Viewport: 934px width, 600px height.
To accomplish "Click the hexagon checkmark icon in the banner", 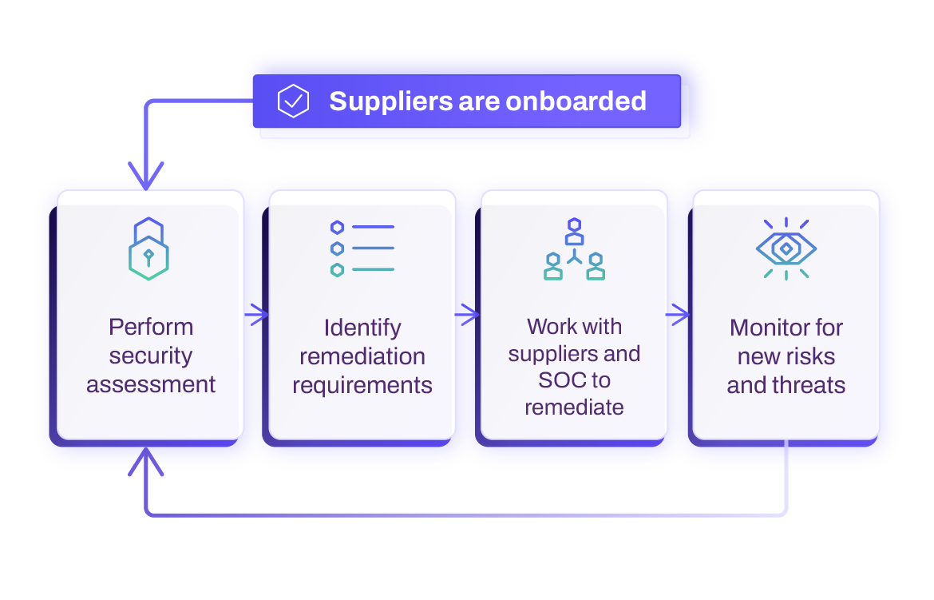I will pos(293,101).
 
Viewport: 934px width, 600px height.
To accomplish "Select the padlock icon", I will pos(148,248).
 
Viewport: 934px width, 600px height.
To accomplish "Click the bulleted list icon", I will pos(362,248).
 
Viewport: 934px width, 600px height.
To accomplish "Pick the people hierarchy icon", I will pos(574,248).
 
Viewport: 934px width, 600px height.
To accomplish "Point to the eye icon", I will pos(786,249).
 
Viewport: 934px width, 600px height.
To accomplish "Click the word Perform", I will pos(151,327).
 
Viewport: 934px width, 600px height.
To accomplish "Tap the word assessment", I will pos(151,384).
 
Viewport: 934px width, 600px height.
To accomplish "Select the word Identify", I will pos(362,328).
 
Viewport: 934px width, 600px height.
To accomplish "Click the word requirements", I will pos(362,385).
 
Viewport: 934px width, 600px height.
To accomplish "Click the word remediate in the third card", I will pos(574,407).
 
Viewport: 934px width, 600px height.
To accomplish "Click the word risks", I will pos(813,356).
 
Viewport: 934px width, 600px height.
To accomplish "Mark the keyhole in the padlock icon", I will pos(148,256).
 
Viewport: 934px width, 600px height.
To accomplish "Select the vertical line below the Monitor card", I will pos(786,475).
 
